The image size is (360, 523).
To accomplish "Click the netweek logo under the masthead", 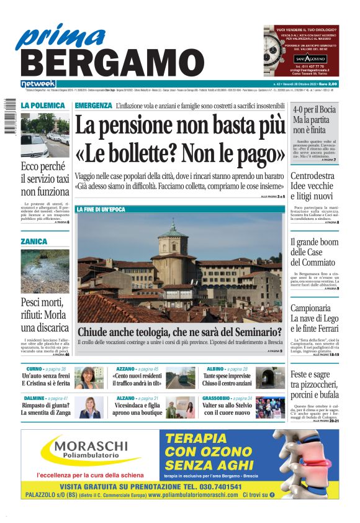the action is click(38, 84).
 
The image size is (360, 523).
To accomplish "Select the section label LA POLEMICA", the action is click(42, 106).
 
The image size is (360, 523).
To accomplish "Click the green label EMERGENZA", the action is click(93, 106).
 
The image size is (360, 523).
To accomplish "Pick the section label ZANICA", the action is click(34, 241).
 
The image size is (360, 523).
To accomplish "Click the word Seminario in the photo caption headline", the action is click(253, 333).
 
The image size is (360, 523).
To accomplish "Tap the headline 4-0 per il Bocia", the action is click(315, 109).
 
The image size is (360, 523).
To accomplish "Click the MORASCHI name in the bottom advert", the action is click(90, 445).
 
